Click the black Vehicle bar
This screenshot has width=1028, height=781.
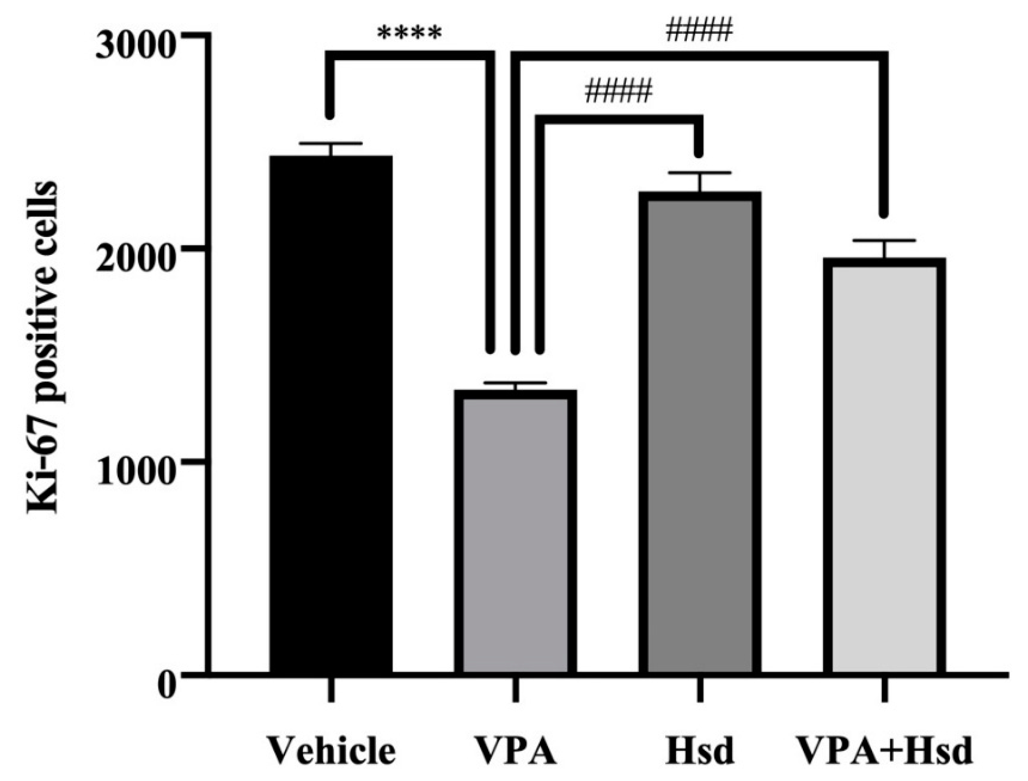pos(331,414)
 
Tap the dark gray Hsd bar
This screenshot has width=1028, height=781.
pos(700,432)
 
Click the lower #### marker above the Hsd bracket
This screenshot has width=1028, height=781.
pos(619,92)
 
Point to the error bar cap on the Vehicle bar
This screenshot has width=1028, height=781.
pos(331,143)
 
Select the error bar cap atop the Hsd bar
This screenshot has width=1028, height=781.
pos(700,173)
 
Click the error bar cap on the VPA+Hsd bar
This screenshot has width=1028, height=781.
pos(884,241)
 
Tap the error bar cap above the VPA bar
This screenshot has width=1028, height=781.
pos(515,383)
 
